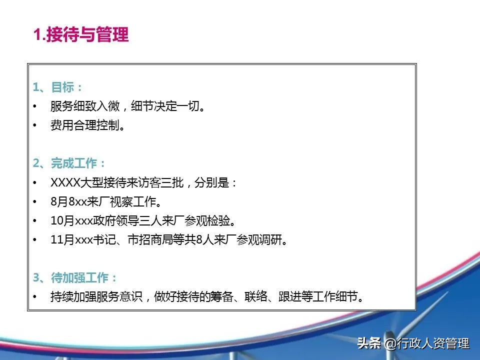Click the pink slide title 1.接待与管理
tap(81, 34)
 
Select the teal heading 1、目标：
tap(57, 87)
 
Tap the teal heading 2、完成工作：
tap(69, 163)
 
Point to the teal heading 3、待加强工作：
tap(75, 277)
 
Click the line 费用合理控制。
tap(88, 125)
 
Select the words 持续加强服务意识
tap(96, 296)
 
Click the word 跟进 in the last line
tap(290, 296)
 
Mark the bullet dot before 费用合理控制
tap(34, 125)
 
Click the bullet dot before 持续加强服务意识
tap(34, 296)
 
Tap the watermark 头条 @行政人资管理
tap(413, 343)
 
